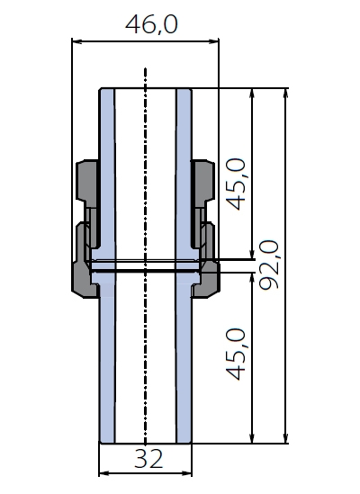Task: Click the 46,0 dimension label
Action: pyautogui.click(x=151, y=24)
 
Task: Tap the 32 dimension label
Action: pyautogui.click(x=148, y=459)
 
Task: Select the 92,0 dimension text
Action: pyautogui.click(x=269, y=265)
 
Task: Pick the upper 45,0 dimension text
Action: pyautogui.click(x=236, y=184)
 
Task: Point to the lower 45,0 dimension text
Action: pyautogui.click(x=236, y=355)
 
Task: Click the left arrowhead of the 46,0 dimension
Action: pyautogui.click(x=76, y=41)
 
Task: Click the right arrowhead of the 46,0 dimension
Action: pyautogui.click(x=214, y=41)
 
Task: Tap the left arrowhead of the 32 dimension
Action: pyautogui.click(x=104, y=473)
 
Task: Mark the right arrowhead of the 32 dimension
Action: pyautogui.click(x=187, y=473)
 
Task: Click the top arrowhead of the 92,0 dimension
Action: pyautogui.click(x=285, y=94)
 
